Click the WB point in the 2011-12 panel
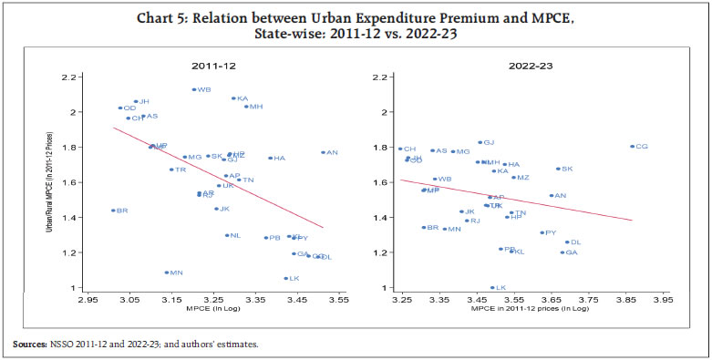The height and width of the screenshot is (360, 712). pos(193,90)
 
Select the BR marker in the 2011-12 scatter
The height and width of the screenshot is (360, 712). pos(113,211)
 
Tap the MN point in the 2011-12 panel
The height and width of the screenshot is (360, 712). pos(166,273)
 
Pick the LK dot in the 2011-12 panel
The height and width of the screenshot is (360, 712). pos(285,278)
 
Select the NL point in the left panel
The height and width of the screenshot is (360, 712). pos(226,235)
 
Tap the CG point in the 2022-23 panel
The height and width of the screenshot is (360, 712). pos(632,146)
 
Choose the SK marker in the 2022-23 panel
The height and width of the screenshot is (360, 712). pos(558,169)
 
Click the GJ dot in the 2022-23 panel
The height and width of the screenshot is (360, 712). pos(480,142)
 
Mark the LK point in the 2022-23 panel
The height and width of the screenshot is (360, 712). pos(491,287)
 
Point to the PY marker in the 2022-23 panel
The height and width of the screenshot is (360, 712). pos(542,232)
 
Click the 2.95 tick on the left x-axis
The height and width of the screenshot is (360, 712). pos(88,298)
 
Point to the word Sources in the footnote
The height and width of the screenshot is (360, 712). pos(28,345)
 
